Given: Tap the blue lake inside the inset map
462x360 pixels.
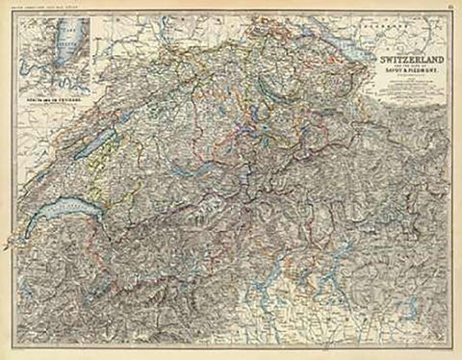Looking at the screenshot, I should tap(58, 43).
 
